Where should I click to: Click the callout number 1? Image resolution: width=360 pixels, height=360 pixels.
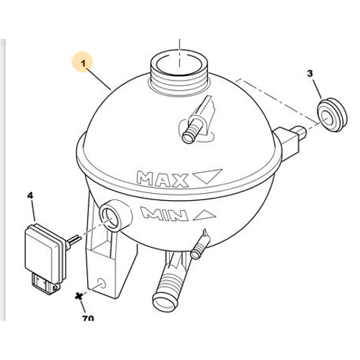click(83, 63)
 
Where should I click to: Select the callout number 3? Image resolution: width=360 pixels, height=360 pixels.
click(310, 73)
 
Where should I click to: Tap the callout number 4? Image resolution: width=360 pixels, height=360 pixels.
click(30, 195)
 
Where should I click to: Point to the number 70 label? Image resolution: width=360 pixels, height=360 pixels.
click(88, 318)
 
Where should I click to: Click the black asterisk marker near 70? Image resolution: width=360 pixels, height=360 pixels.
click(78, 296)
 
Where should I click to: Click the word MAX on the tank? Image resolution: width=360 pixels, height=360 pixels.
click(163, 179)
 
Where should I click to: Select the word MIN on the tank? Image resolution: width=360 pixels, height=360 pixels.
click(164, 213)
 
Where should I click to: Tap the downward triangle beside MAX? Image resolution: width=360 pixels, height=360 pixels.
click(207, 176)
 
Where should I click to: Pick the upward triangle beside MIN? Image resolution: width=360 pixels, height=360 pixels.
click(204, 215)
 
